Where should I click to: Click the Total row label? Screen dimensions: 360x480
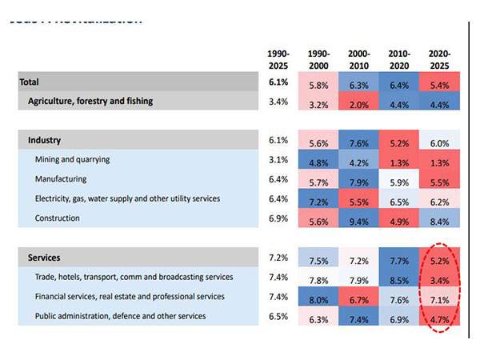30,82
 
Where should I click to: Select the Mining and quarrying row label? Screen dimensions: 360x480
72,159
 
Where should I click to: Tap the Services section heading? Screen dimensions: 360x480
45,258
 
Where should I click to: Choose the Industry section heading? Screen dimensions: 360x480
45,140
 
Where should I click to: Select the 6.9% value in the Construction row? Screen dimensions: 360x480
278,218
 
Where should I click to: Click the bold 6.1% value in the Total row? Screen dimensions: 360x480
278,82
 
